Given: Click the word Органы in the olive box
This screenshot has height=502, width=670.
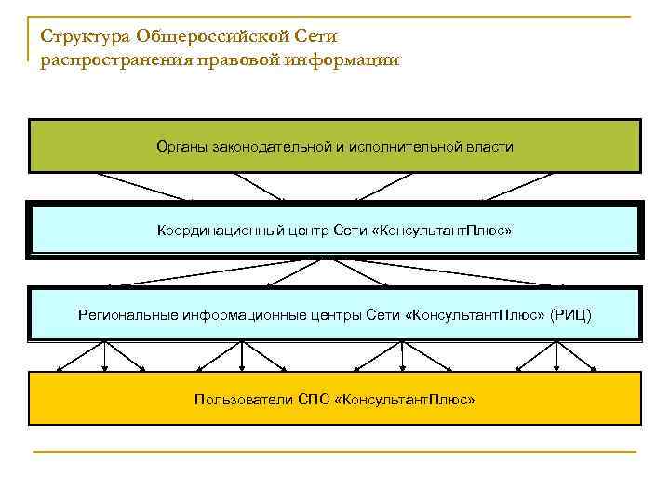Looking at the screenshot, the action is pos(182,147).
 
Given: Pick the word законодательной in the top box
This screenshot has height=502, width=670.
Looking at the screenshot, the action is pos(266,147).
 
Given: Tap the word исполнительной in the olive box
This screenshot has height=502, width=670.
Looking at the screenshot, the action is pos(402,147).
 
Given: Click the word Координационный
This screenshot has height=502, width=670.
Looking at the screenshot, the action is pos(219,230).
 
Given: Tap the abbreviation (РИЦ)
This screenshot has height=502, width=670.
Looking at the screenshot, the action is pos(570,315).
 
